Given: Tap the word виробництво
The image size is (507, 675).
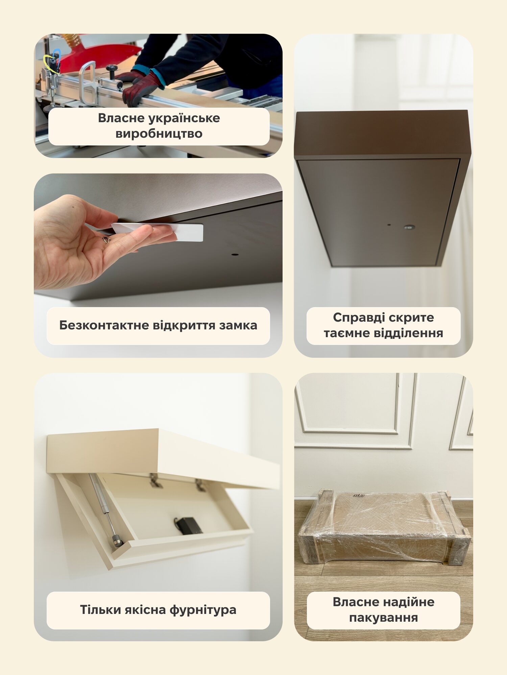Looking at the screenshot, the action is [x=159, y=134].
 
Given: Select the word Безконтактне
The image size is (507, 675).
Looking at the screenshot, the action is [x=104, y=325].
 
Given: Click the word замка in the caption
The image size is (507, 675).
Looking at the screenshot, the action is [x=238, y=326].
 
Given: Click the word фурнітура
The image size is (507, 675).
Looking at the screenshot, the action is [x=203, y=610].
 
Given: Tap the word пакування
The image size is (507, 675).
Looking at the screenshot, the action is [x=384, y=618].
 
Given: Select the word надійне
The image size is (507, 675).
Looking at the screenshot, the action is [x=409, y=602].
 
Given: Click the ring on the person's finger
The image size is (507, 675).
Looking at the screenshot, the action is [x=106, y=240].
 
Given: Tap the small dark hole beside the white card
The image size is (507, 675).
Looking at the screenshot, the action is [x=235, y=254].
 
